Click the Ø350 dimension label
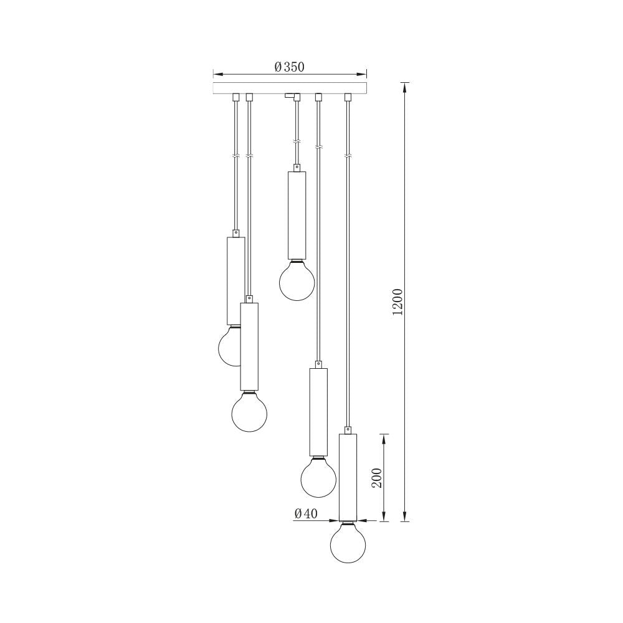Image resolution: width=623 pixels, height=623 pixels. point(289,67)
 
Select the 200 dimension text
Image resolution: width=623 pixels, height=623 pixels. point(376,477)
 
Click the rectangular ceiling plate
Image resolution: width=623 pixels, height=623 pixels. point(290,88)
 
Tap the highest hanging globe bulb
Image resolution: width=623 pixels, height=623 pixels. point(297,282)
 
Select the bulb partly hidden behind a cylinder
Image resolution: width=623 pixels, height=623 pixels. point(228,347)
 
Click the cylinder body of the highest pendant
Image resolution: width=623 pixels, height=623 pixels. point(297,215)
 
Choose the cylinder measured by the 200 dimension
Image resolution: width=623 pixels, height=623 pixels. point(348,477)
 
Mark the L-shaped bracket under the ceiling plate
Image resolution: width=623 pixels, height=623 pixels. point(292,97)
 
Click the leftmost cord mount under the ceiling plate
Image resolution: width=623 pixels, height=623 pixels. point(235,97)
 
